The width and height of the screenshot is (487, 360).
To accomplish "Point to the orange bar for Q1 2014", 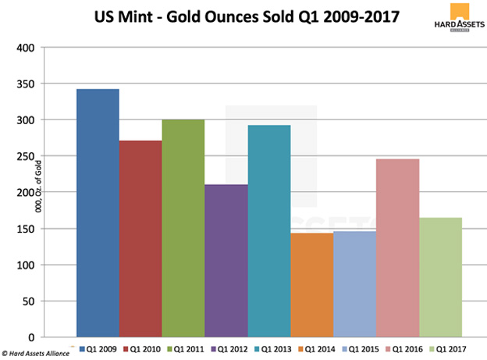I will click(312, 285).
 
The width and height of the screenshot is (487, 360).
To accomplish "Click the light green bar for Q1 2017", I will click(441, 277).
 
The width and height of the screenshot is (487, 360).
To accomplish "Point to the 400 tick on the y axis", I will click(28, 48).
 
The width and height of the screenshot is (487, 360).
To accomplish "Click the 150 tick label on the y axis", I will click(28, 229).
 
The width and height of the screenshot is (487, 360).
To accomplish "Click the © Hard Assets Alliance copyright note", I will click(36, 354).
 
